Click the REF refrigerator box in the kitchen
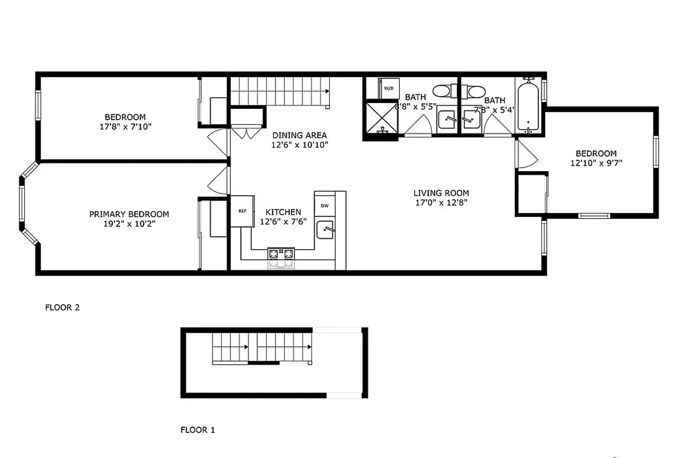241,211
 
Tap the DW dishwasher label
325,206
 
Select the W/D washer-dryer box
389,89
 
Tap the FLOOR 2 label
62,307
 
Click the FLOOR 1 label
198,429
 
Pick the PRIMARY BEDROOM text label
129,214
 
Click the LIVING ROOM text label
441,193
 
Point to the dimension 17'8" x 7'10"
125,127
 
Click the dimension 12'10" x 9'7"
596,163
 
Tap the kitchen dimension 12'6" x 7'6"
283,222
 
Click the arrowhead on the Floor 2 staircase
327,90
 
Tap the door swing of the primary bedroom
218,181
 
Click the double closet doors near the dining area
247,133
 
